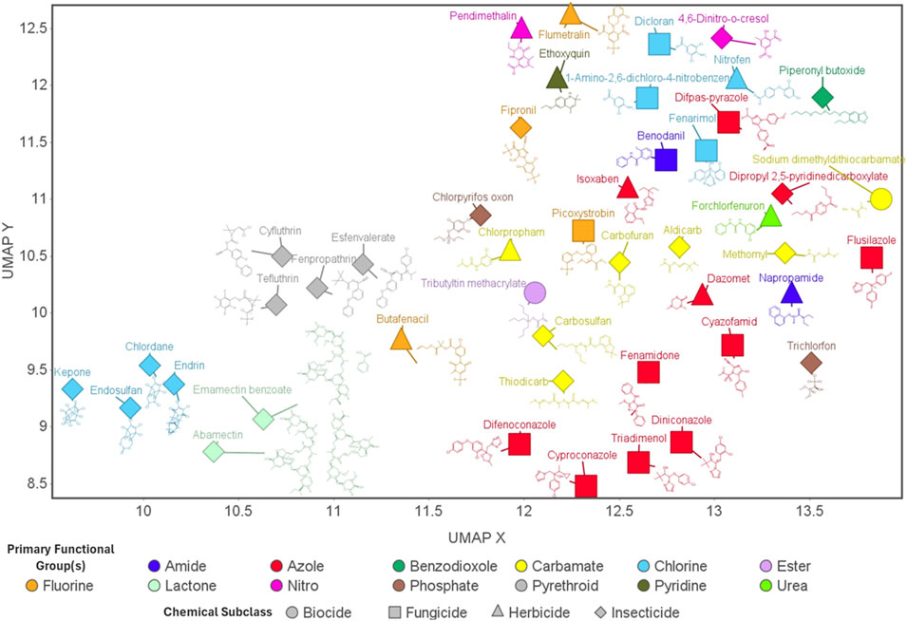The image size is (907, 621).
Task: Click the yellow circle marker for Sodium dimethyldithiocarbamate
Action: [x=880, y=198]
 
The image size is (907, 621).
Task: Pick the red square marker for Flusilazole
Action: [x=872, y=257]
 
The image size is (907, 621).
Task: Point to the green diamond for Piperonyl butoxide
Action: [x=822, y=98]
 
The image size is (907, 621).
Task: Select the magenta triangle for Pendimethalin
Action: [x=520, y=28]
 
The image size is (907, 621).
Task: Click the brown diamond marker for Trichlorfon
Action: [x=811, y=363]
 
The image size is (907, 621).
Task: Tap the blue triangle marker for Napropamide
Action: [x=791, y=293]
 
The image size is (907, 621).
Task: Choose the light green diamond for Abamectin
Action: [x=214, y=451]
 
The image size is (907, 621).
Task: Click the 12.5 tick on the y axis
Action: [x=38, y=28]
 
